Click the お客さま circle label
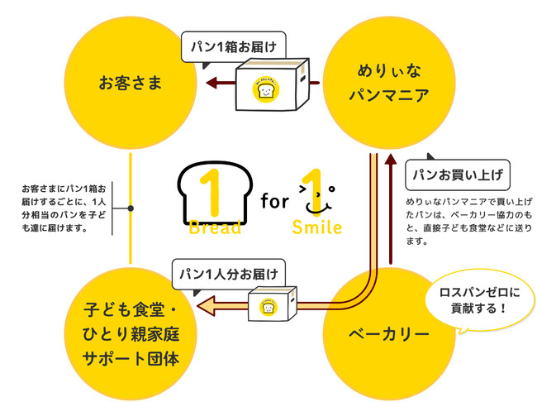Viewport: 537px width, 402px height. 131,83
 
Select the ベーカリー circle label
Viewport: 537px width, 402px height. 387,334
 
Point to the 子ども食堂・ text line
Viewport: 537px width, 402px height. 131,312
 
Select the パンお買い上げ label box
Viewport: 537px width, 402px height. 457,175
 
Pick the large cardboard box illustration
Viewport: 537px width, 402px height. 270,84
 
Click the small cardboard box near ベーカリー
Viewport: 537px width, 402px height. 273,305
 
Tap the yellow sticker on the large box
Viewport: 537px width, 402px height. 266,89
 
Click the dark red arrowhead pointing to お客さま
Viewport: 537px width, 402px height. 211,83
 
